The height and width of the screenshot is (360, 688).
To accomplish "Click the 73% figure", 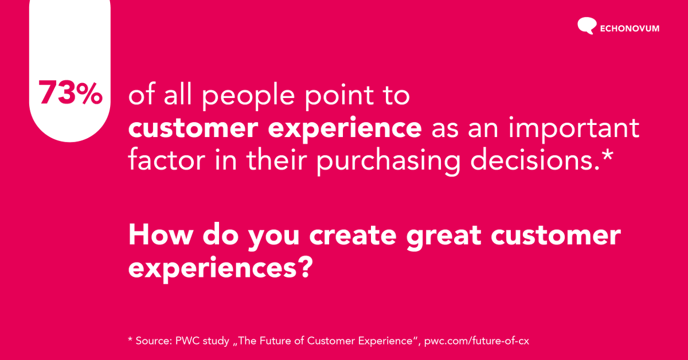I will pos(70,93).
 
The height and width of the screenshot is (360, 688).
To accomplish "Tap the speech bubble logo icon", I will pos(587,26).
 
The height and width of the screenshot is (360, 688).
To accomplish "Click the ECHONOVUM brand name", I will pos(630,28).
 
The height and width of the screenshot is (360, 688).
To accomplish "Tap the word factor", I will pos(166,161).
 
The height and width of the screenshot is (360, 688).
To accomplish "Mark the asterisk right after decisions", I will pos(607,155).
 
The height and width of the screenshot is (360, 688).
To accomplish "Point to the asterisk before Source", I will pos(130,340).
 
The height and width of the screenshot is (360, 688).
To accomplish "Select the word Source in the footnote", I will pos(153,341).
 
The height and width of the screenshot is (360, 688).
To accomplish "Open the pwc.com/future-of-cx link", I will pos(476,341).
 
